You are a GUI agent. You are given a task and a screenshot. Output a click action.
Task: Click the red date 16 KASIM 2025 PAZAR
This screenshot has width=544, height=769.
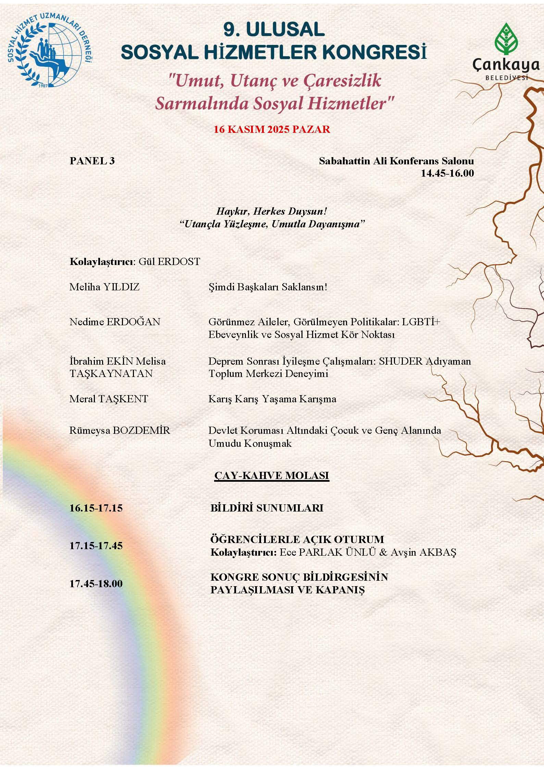[x=272, y=129]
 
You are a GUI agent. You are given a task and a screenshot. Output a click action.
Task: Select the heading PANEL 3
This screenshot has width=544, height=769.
[x=92, y=161]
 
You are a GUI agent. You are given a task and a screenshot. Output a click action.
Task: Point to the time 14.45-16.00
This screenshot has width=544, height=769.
[x=447, y=173]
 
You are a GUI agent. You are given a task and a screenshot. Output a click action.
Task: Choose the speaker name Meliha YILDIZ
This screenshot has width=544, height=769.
[x=104, y=287]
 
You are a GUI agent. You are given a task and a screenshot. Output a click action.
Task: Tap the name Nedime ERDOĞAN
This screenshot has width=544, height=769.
[x=115, y=322]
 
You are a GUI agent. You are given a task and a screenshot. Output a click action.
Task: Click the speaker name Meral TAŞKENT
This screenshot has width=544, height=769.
[x=109, y=399]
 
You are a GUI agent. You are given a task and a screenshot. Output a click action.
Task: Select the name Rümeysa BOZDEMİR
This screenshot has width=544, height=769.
[x=120, y=430]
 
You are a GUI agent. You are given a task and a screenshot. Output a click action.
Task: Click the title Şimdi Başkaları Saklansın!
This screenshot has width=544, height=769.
[x=268, y=287]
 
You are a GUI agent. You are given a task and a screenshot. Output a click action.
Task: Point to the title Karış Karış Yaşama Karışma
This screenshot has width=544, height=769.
[x=272, y=399]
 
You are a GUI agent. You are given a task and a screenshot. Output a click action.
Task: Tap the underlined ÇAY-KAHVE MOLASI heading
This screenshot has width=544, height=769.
[x=272, y=475]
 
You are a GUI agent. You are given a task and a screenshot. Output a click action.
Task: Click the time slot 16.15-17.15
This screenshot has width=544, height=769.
[x=96, y=508]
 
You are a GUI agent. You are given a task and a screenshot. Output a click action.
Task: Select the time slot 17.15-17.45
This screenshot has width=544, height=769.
[x=96, y=545]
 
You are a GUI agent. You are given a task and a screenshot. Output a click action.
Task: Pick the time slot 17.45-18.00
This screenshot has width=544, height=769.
[x=96, y=583]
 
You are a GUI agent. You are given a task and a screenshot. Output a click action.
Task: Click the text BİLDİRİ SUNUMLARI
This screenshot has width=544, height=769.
[x=267, y=508]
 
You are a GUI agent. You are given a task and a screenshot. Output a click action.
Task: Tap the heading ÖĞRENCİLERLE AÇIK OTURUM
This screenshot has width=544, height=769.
[x=297, y=539]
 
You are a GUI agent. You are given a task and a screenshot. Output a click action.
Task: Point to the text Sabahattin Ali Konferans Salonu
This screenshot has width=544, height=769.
[x=396, y=161]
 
